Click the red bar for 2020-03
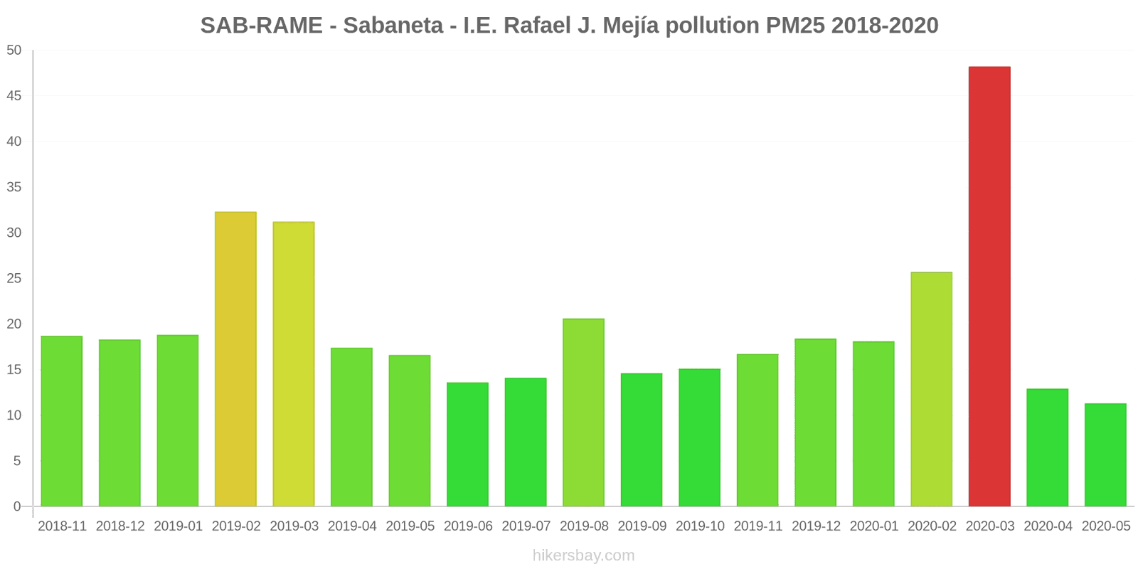pyautogui.click(x=989, y=287)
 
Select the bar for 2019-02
pyautogui.click(x=235, y=359)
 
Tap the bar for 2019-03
pyautogui.click(x=294, y=364)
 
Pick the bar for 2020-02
pyautogui.click(x=931, y=389)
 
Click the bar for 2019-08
pyautogui.click(x=583, y=413)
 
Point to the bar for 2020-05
pyautogui.click(x=1105, y=455)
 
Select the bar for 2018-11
pyautogui.click(x=62, y=421)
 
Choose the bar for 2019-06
pyautogui.click(x=467, y=445)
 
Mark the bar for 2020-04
pyautogui.click(x=1047, y=447)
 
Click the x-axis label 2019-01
pyautogui.click(x=178, y=526)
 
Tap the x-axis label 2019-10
pyautogui.click(x=700, y=526)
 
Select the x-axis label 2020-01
pyautogui.click(x=874, y=526)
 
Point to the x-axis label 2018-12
pyautogui.click(x=120, y=526)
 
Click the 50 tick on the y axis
pyautogui.click(x=14, y=50)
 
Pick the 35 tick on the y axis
pyautogui.click(x=14, y=187)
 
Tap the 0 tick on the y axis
pyautogui.click(x=17, y=506)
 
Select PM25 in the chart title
pyautogui.click(x=795, y=26)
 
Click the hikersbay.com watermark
pyautogui.click(x=583, y=555)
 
